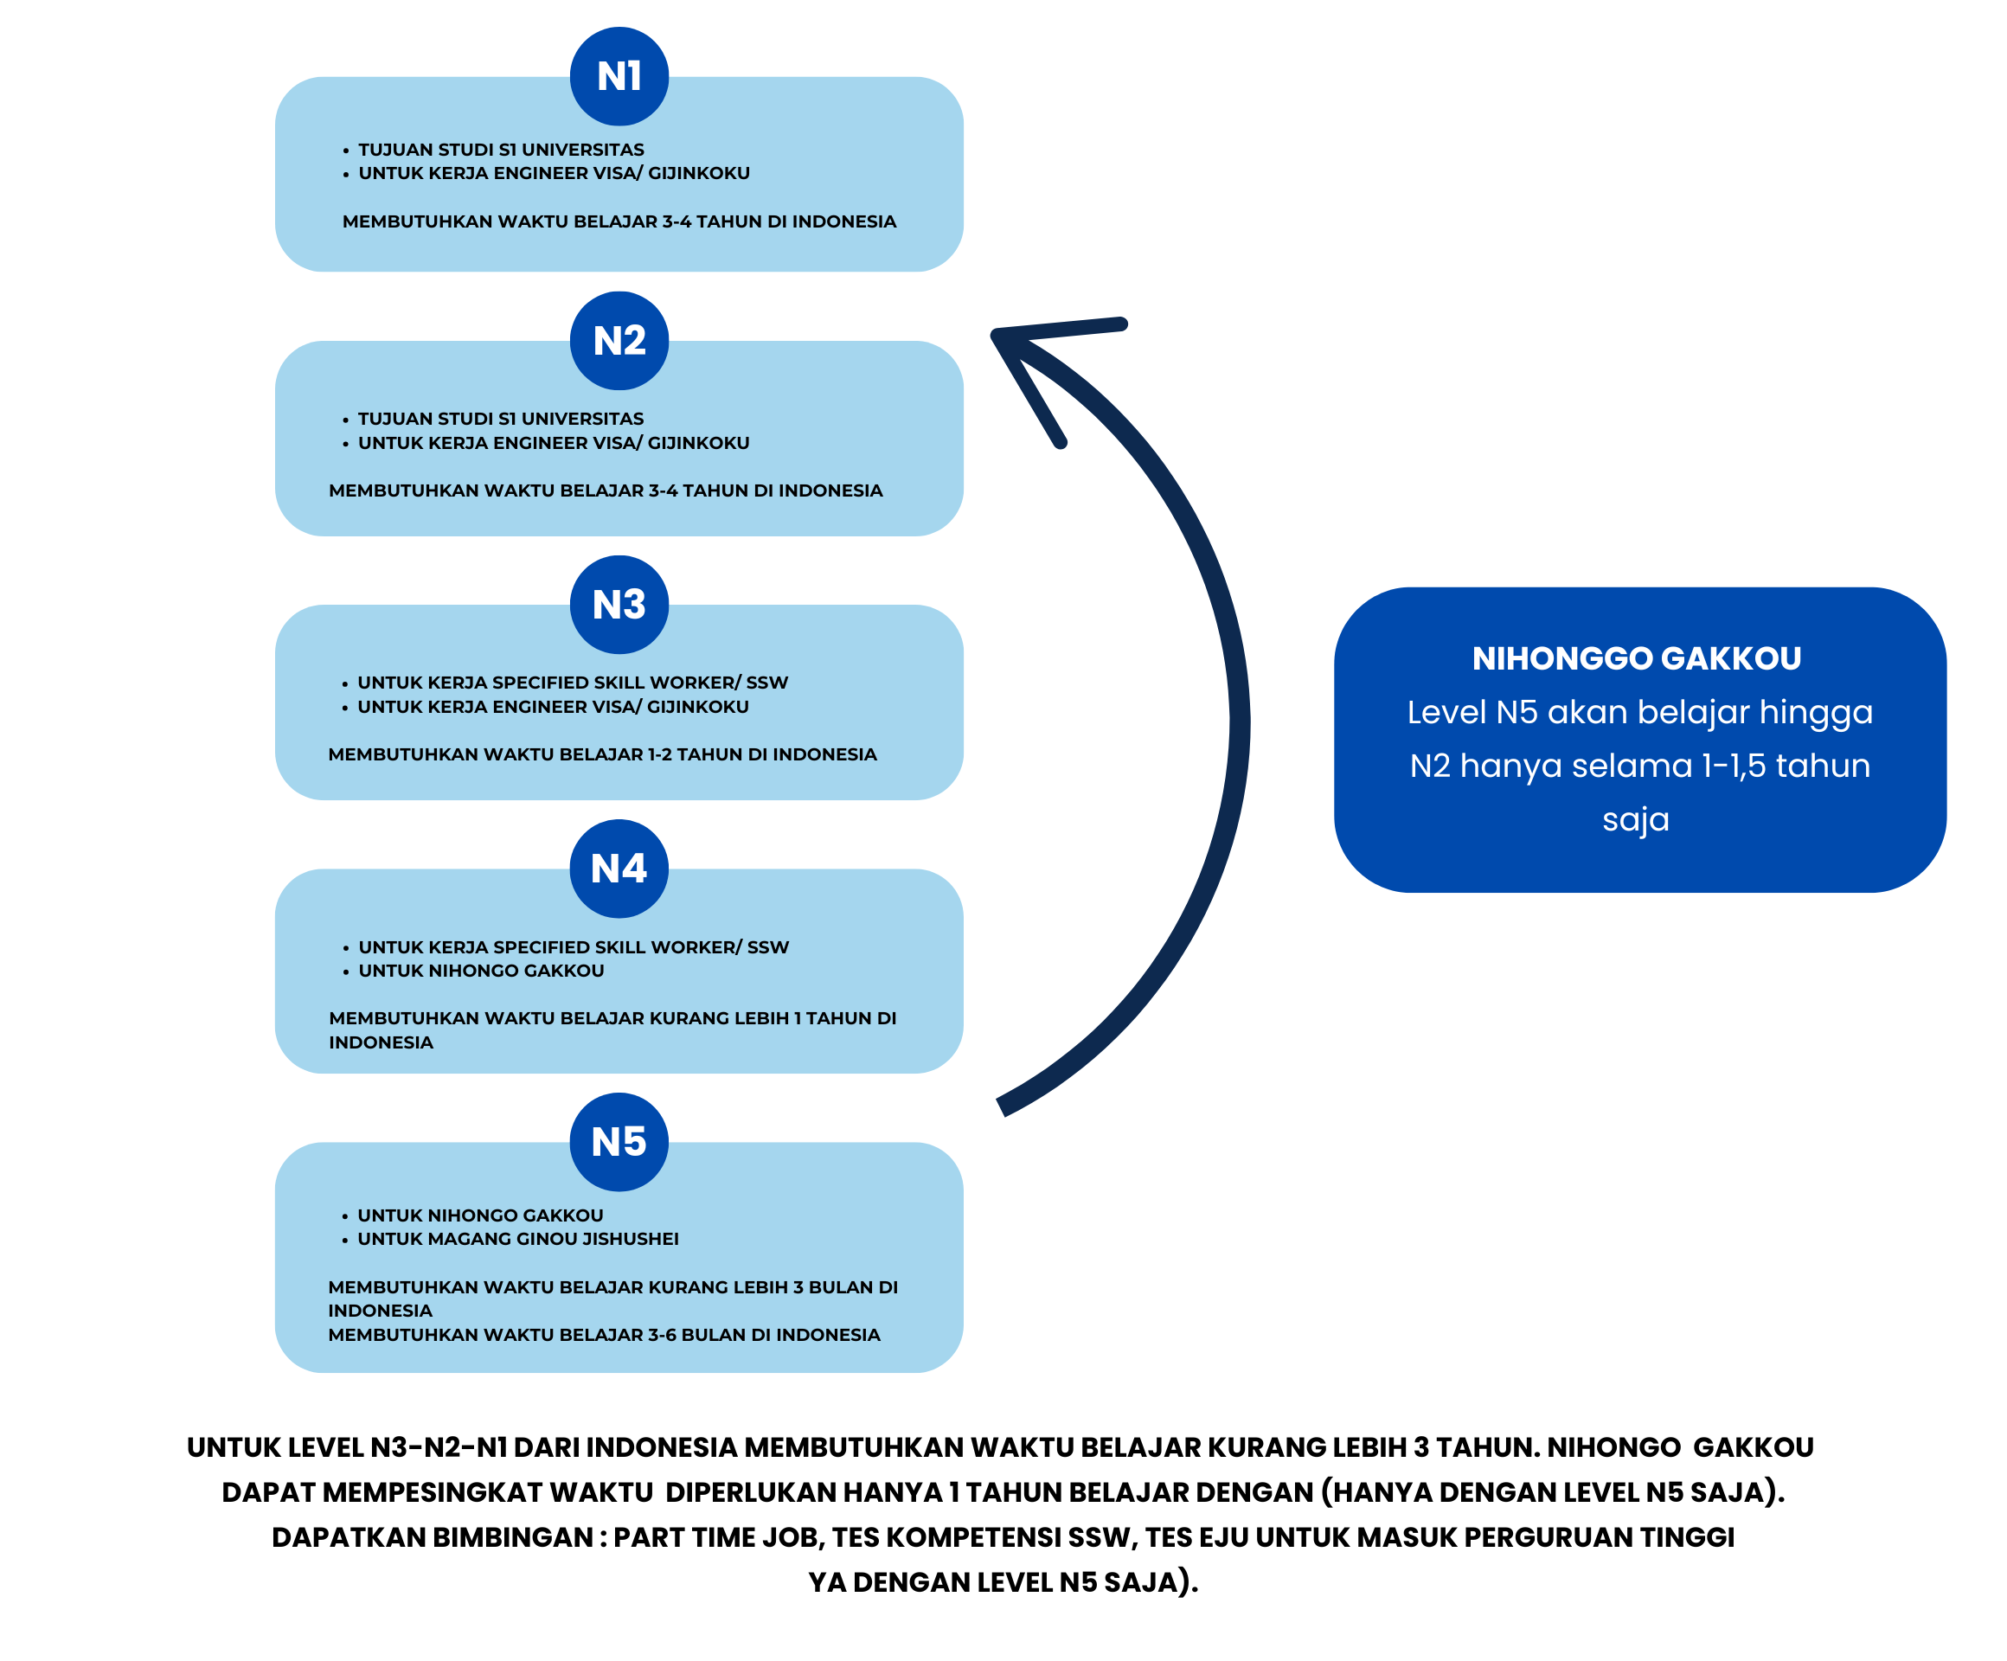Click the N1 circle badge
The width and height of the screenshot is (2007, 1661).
pos(619,76)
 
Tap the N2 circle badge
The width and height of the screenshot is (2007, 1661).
pos(619,340)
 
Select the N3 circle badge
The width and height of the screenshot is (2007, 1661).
pos(619,604)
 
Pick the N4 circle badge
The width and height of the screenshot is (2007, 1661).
pos(619,868)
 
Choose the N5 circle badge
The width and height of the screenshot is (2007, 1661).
pos(619,1141)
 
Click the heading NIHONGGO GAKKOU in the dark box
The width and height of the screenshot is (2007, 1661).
pos(1636,657)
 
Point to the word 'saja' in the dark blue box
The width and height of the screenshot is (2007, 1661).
pos(1635,819)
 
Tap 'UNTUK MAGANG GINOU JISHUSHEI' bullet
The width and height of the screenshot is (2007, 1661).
pos(517,1239)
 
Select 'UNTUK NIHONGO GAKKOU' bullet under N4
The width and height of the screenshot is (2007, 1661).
pos(481,970)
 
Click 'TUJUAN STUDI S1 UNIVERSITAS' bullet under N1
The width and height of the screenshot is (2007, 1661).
pos(501,149)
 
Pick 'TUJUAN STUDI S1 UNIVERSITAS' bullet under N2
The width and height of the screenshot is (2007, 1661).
pos(500,419)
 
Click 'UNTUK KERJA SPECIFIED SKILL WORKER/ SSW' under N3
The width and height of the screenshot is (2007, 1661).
pos(573,683)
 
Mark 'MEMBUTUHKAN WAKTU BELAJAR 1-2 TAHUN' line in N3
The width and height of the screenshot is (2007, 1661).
pos(602,754)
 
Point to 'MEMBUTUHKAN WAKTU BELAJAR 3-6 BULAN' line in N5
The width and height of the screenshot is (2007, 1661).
pos(604,1334)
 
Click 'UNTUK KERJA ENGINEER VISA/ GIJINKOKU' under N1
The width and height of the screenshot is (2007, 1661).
pos(554,173)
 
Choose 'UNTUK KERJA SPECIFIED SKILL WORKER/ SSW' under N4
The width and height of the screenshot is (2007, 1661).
pos(574,947)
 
